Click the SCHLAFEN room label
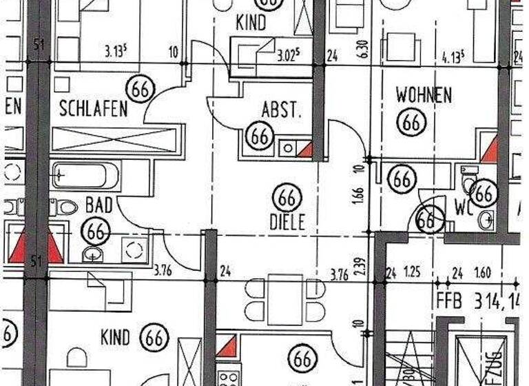(94, 108)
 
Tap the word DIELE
(287, 223)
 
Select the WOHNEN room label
(424, 95)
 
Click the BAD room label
(98, 205)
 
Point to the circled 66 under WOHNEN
(412, 123)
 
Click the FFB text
(450, 301)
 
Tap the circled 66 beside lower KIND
(155, 338)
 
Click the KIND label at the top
(251, 23)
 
